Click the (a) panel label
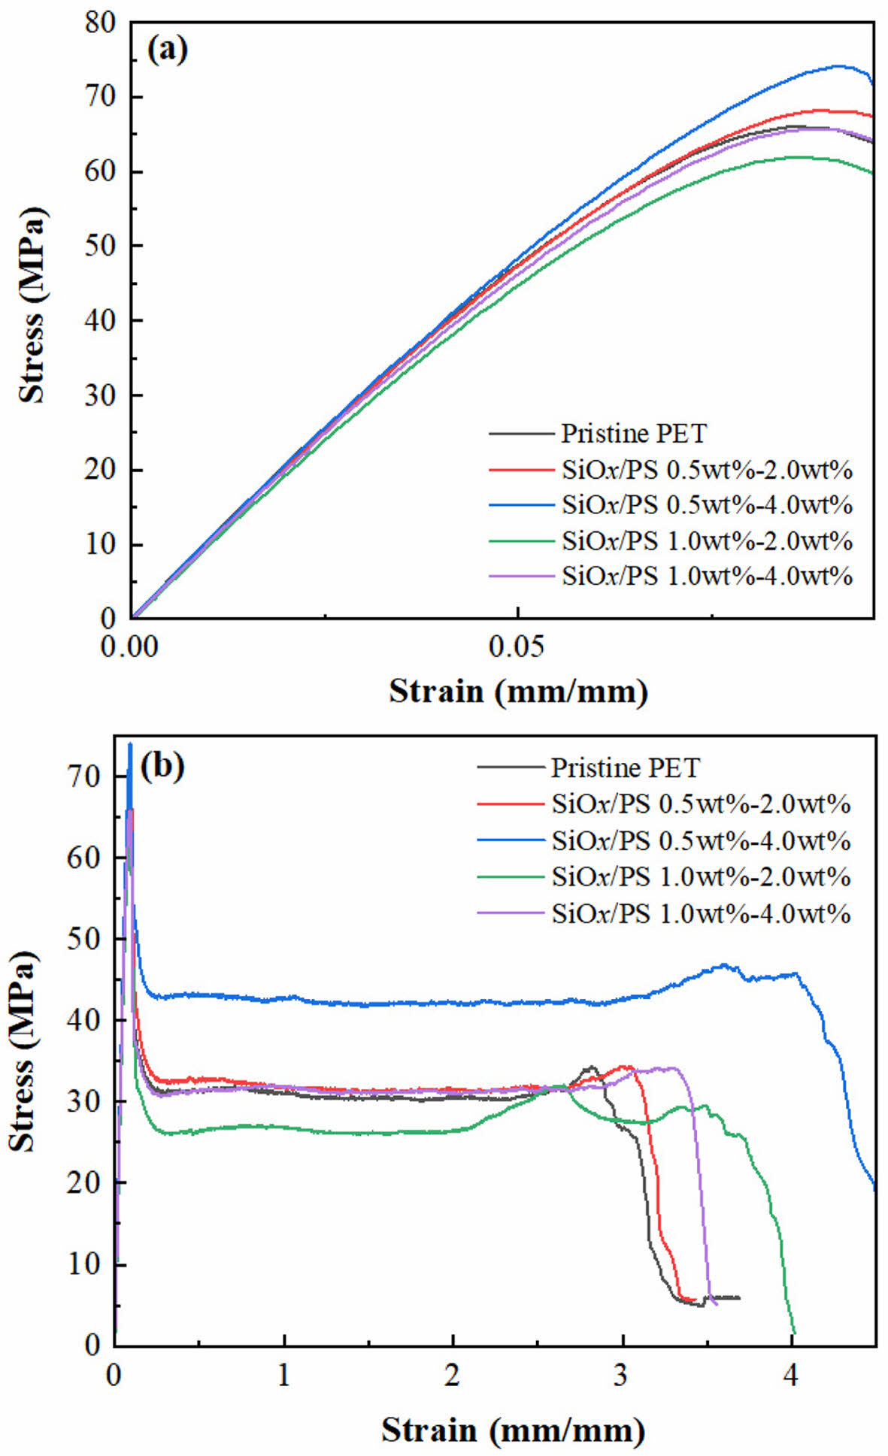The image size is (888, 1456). pyautogui.click(x=167, y=50)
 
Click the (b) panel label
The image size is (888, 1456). pyautogui.click(x=162, y=766)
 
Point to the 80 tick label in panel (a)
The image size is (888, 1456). pyautogui.click(x=102, y=23)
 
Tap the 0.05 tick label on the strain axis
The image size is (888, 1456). pyautogui.click(x=517, y=646)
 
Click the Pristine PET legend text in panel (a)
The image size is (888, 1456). pyautogui.click(x=634, y=434)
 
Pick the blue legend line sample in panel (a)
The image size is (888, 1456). pyautogui.click(x=520, y=504)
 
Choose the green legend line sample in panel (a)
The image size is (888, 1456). pyautogui.click(x=520, y=540)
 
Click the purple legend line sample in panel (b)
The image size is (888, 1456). pyautogui.click(x=510, y=913)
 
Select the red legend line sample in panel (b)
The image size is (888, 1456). pyautogui.click(x=510, y=804)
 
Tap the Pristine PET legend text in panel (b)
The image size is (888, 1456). pyautogui.click(x=625, y=767)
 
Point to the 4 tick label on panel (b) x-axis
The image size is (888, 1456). pyautogui.click(x=790, y=1375)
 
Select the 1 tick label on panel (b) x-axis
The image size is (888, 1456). pyautogui.click(x=283, y=1375)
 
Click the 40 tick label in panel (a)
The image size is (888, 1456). pyautogui.click(x=102, y=321)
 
